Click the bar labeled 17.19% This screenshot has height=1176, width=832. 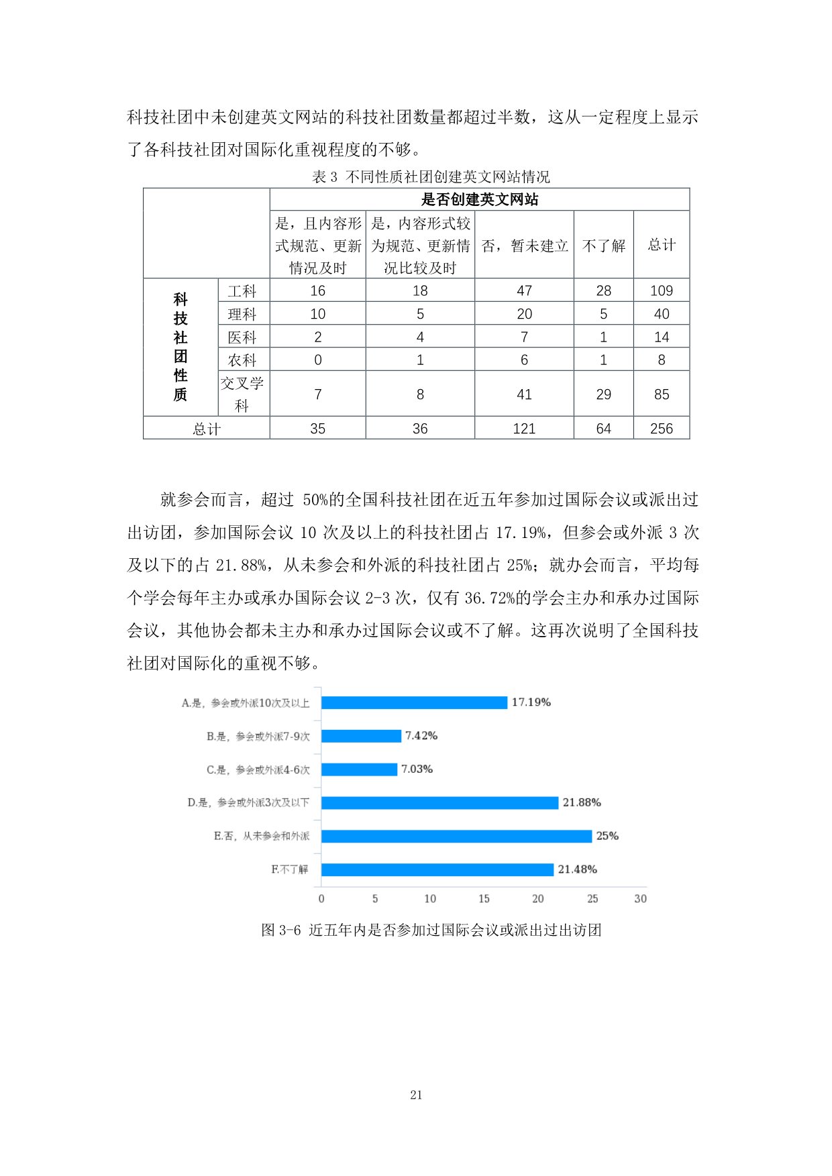click(414, 702)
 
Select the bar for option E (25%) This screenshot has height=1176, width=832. click(456, 836)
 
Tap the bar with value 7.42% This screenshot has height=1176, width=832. click(361, 736)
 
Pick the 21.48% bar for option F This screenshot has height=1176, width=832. click(437, 869)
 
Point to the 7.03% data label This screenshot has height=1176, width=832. click(417, 769)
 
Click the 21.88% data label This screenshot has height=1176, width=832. click(582, 802)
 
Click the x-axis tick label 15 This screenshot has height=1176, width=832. click(484, 899)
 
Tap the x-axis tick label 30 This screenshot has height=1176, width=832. click(640, 899)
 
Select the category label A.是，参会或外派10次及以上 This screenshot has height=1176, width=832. click(246, 703)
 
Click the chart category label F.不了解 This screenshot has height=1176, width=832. click(290, 869)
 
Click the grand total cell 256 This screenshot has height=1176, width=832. click(661, 429)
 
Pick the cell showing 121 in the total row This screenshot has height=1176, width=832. click(524, 429)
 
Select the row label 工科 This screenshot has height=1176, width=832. click(242, 290)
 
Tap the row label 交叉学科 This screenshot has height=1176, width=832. click(242, 394)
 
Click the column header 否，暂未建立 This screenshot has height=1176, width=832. click(524, 246)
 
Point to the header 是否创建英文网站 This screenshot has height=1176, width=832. click(479, 199)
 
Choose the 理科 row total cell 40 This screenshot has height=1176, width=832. click(661, 314)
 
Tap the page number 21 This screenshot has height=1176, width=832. click(416, 1095)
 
